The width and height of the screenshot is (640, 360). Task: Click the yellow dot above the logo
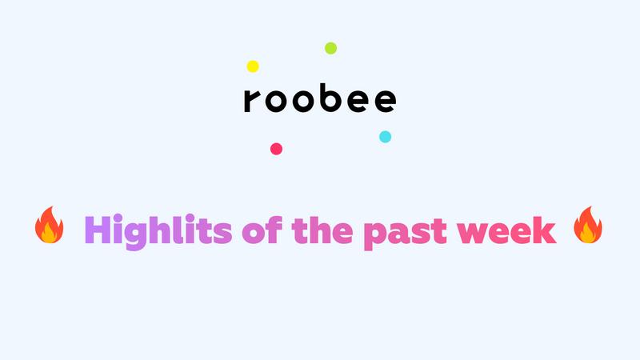pyautogui.click(x=253, y=66)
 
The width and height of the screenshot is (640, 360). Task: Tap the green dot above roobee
pyautogui.click(x=330, y=48)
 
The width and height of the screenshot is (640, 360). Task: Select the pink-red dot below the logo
pyautogui.click(x=276, y=149)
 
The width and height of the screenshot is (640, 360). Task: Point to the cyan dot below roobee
pyautogui.click(x=386, y=137)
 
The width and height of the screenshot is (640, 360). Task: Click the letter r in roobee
pyautogui.click(x=251, y=101)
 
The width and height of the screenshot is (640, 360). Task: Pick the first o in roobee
pyautogui.click(x=276, y=101)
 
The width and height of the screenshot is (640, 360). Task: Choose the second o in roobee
pyautogui.click(x=303, y=101)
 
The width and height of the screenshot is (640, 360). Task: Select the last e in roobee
pyautogui.click(x=386, y=101)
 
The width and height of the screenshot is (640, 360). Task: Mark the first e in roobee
pyautogui.click(x=358, y=101)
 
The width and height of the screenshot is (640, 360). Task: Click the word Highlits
pyautogui.click(x=158, y=231)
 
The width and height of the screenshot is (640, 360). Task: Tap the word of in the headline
pyautogui.click(x=262, y=230)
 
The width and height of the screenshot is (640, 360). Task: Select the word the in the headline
pyautogui.click(x=322, y=230)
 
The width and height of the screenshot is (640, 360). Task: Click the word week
pyautogui.click(x=506, y=230)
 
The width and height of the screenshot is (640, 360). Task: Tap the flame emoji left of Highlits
pyautogui.click(x=50, y=225)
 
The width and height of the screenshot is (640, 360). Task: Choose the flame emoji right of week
pyautogui.click(x=588, y=225)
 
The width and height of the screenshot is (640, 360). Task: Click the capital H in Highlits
pyautogui.click(x=98, y=230)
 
